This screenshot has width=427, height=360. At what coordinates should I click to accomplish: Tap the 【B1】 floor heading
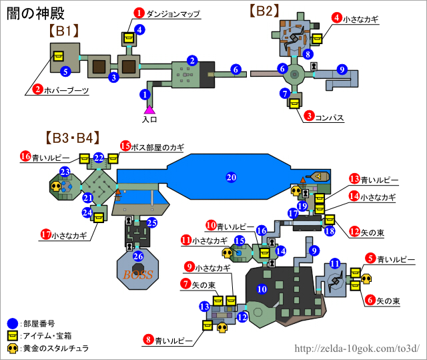coord(64,30)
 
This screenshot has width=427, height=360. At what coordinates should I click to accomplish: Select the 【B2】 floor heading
coord(264,11)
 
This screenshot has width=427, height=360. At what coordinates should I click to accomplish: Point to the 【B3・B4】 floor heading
coord(73,138)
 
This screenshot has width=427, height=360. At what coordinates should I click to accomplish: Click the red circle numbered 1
coord(139,13)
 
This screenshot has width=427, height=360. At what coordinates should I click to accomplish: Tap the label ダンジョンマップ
coord(173,13)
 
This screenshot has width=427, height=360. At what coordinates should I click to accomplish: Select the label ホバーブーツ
coord(67,89)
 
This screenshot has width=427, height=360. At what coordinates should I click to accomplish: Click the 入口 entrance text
coord(149,120)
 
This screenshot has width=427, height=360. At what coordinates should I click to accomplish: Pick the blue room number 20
coord(232,178)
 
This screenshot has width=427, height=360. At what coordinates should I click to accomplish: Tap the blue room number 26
coord(138,255)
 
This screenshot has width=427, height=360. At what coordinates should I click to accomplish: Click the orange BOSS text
coord(138,274)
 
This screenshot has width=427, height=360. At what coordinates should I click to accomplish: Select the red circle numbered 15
coord(126,146)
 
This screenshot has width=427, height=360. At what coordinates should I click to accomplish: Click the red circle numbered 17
coord(46,234)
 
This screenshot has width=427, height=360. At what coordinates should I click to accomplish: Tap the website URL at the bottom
coord(357,348)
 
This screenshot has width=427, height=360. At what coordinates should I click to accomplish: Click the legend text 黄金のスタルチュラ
coord(55,348)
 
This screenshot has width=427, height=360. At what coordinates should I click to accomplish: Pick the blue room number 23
coord(65,172)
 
